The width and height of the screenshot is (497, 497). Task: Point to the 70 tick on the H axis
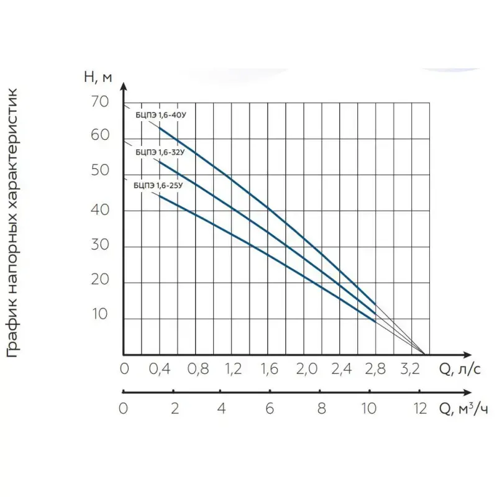pos(99,102)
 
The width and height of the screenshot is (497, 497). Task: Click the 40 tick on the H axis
pos(99,211)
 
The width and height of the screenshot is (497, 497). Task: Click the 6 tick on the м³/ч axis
pos(270,409)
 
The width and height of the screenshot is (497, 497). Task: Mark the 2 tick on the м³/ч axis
pos(175,409)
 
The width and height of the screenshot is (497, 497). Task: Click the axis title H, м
pos(98,78)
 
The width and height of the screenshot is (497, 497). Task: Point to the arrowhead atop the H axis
pos(124,87)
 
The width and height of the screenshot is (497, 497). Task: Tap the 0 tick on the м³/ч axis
pos(123,409)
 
